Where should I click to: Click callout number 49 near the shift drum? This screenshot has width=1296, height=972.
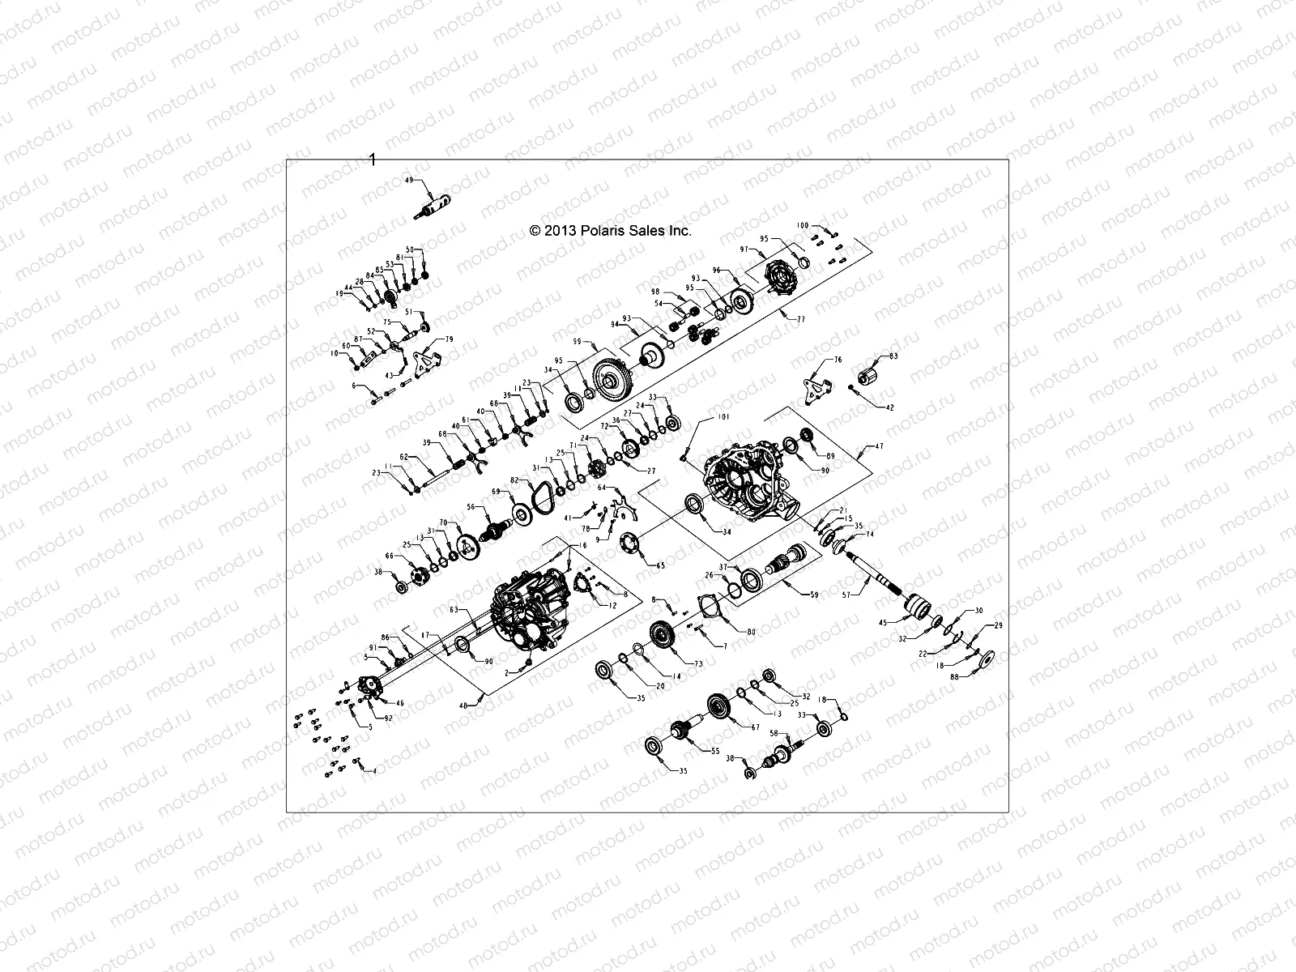pos(408,180)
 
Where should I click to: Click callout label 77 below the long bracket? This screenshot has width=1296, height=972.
pos(800,320)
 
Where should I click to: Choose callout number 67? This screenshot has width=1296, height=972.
pos(755,727)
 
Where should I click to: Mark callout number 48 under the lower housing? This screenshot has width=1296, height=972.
pos(463,706)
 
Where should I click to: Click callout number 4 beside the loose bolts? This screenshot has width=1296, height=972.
pos(373,771)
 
